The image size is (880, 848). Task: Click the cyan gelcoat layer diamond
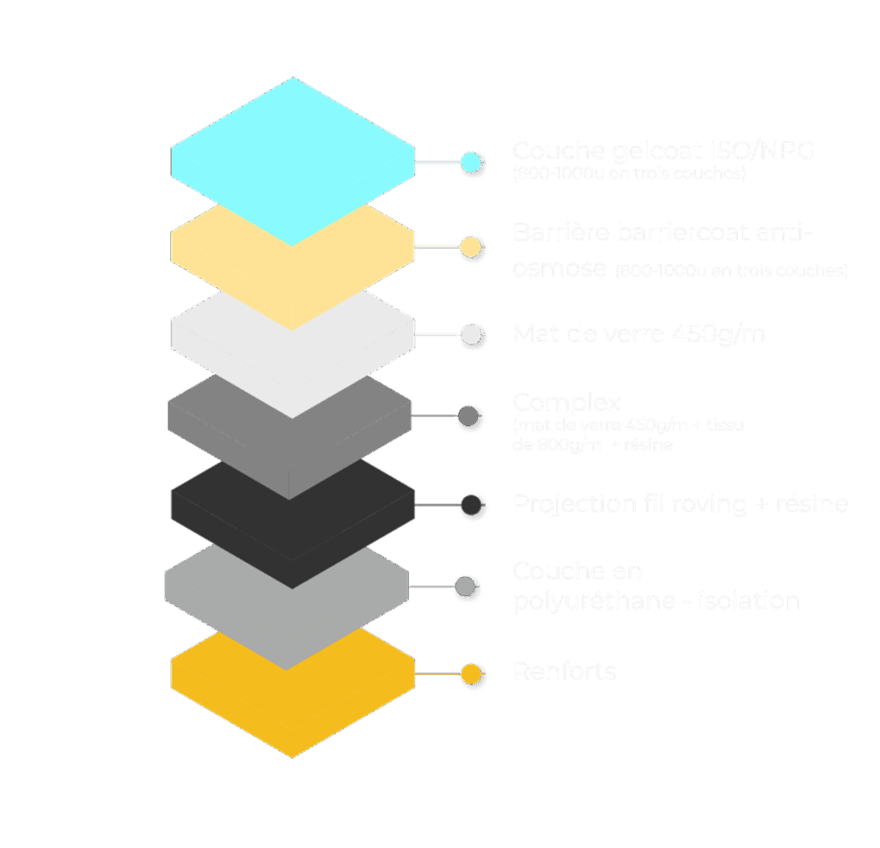(292, 159)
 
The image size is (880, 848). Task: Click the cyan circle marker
(470, 162)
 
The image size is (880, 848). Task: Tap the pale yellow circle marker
(470, 248)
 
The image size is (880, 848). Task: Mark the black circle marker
(470, 504)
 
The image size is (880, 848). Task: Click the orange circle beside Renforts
(470, 673)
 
